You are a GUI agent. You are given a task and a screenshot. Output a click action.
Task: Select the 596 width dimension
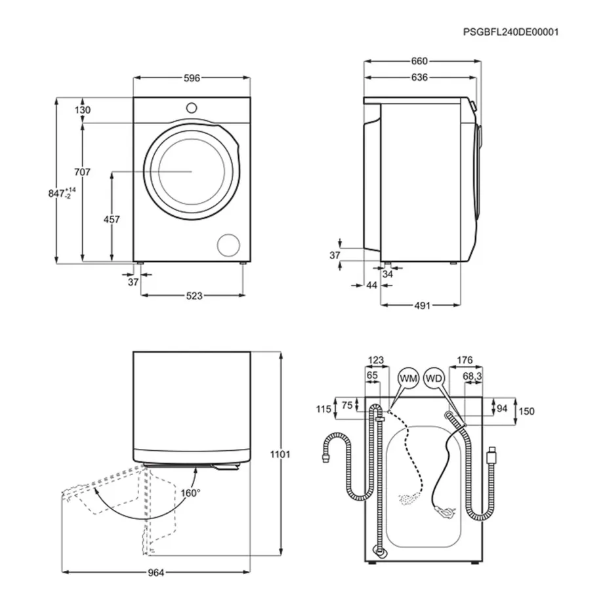pos(192,78)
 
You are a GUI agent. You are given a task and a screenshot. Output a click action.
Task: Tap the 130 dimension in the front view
pos(83,110)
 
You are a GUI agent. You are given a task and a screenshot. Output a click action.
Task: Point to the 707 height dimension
pos(82,172)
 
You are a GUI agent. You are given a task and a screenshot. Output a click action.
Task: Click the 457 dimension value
pos(112,220)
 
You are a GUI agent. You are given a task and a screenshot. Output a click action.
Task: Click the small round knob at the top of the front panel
pos(192,107)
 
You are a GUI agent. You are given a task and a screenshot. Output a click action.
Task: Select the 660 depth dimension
pos(419,61)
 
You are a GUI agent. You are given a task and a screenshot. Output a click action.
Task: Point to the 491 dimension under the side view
pos(421,305)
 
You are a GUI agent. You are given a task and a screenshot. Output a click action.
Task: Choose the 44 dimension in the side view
pos(372,285)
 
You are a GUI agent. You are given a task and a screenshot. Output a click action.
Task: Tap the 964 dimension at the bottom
pos(155,573)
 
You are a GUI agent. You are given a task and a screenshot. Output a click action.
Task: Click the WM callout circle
pos(408,379)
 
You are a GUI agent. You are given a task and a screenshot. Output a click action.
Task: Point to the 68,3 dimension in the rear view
pos(473,377)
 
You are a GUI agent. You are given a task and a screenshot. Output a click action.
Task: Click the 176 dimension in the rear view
pos(465,360)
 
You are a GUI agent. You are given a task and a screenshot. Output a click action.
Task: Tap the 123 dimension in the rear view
pos(375,360)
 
